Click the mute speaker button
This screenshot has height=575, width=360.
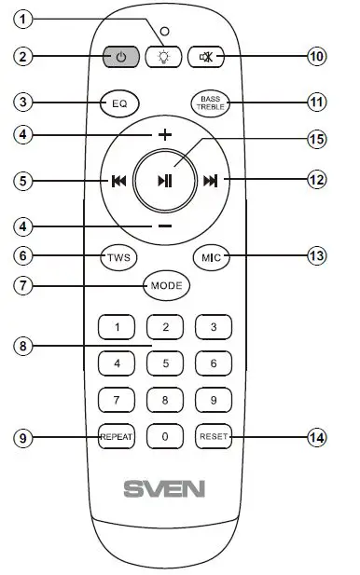206,56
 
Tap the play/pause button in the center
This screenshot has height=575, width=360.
164,180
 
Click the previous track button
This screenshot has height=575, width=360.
118,181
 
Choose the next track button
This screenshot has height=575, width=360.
211,181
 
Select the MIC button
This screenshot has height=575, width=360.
211,256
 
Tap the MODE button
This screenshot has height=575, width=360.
165,284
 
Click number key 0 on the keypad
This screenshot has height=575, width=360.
165,436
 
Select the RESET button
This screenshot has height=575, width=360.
213,436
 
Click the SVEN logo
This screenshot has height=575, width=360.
165,487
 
